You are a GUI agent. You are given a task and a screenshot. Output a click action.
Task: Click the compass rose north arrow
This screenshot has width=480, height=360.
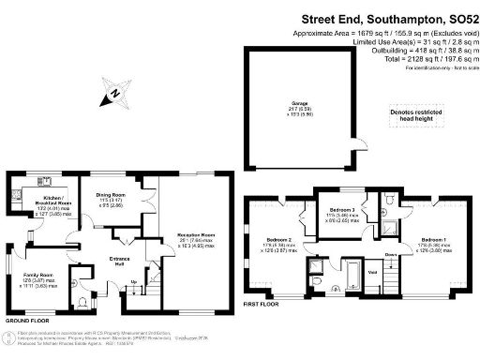(x=112, y=92)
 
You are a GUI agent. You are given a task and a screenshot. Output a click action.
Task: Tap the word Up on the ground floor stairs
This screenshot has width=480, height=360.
(x=133, y=281)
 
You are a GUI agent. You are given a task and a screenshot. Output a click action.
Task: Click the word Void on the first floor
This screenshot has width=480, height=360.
(x=374, y=273)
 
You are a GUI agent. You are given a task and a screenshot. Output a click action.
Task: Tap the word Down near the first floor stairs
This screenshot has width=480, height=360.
(x=391, y=254)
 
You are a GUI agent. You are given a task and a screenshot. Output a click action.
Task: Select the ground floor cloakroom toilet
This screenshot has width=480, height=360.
(x=84, y=302)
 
